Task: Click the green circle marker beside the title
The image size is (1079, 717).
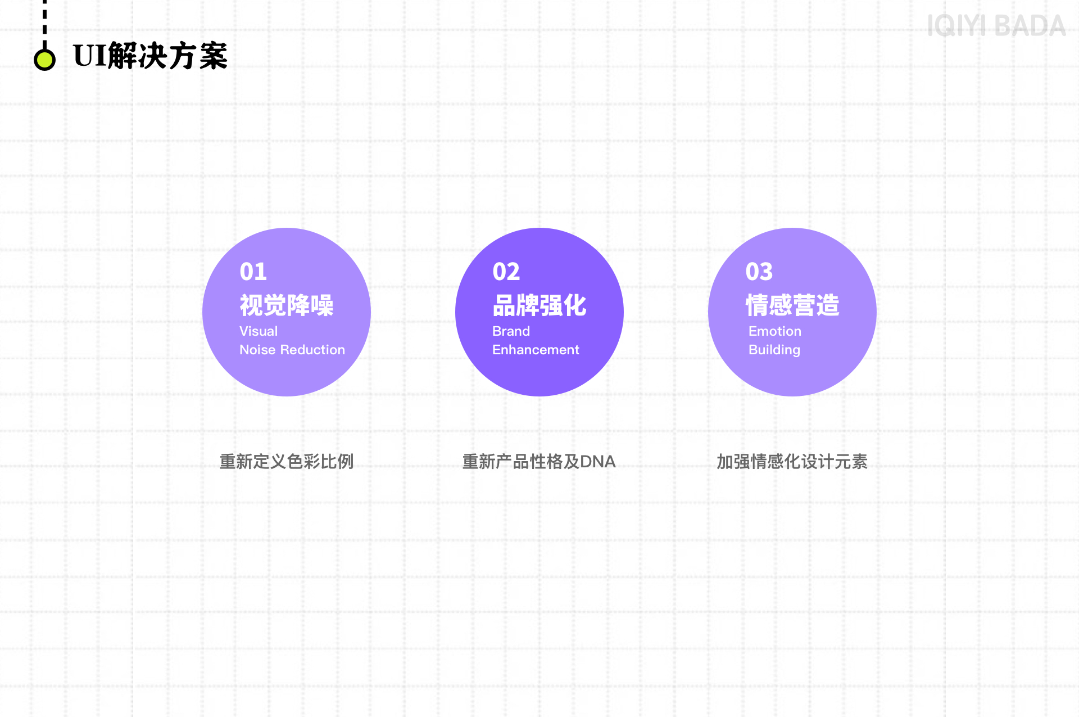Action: (x=44, y=60)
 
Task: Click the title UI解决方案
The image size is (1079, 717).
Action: (x=150, y=56)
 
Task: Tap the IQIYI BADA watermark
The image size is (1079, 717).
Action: (x=996, y=26)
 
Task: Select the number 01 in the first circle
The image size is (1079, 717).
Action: (x=253, y=272)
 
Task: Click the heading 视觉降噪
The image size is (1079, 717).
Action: (x=287, y=305)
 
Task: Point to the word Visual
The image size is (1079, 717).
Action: (x=259, y=331)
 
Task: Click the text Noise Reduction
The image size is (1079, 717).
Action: (x=292, y=350)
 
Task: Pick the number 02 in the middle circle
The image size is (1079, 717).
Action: (x=506, y=272)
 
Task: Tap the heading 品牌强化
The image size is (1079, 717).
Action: (x=539, y=305)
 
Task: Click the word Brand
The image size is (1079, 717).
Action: (x=511, y=331)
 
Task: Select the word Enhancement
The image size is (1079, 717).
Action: (x=536, y=350)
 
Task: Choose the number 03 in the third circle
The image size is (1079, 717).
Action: (x=759, y=272)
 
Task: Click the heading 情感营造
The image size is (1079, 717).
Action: (x=792, y=305)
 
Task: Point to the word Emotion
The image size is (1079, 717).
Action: (x=775, y=331)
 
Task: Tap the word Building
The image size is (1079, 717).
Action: (x=774, y=350)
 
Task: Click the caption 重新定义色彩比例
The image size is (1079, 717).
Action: (x=287, y=462)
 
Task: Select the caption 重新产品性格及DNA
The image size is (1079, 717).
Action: (x=539, y=462)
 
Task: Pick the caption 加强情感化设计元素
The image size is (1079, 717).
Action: (x=792, y=462)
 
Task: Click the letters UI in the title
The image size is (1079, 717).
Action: (x=90, y=56)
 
